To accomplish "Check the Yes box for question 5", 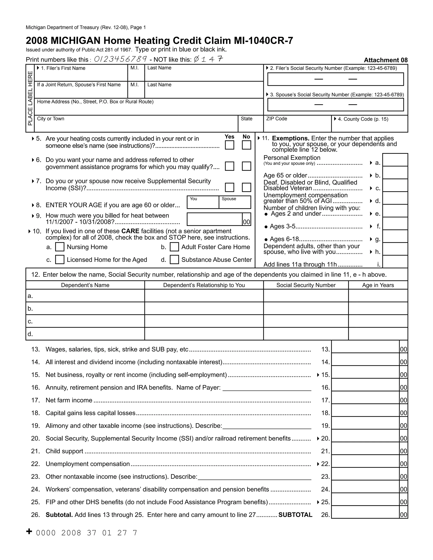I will point(229,145).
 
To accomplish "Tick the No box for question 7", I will point(246,187).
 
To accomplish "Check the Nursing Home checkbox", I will point(60,247).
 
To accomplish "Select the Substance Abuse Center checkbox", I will point(174,260).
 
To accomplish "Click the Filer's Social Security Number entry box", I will point(335,79).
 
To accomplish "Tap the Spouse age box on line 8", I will point(235,204).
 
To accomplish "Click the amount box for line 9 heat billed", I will point(214,219).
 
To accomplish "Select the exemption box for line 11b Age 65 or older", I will point(395,173).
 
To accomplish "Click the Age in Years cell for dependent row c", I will point(378,321).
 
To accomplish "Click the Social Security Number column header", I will point(306,285).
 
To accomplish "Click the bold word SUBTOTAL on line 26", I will point(295,515).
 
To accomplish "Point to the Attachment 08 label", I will point(386,60).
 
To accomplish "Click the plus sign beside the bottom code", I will point(29,531).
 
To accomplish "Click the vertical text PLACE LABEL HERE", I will point(30,98).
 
